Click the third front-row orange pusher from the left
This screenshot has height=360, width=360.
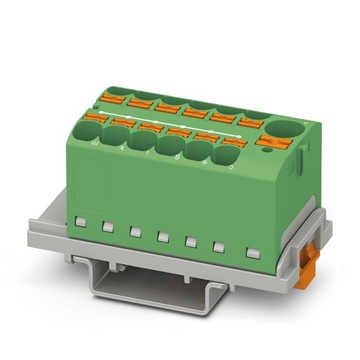151,127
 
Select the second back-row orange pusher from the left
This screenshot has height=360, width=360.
138,102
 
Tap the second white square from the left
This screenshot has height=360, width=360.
107,225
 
